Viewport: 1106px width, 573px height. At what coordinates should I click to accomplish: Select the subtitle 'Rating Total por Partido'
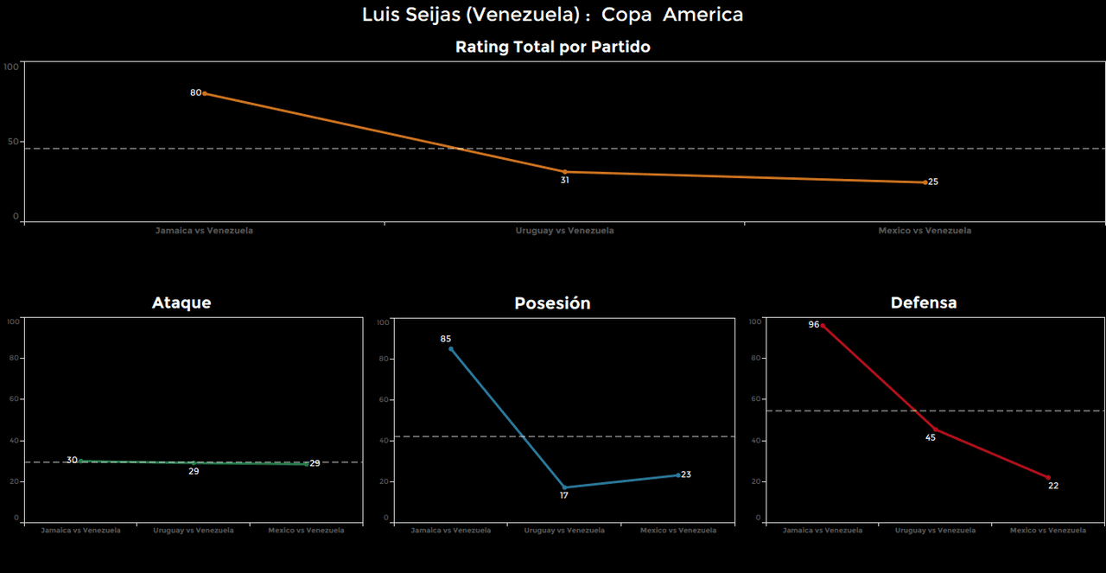(x=553, y=48)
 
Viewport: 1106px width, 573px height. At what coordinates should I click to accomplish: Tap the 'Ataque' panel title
(x=181, y=302)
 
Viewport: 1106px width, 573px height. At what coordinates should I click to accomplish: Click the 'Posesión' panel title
(x=552, y=303)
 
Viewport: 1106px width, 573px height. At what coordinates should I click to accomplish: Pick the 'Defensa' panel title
(x=924, y=302)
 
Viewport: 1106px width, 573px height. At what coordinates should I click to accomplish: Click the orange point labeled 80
(x=204, y=93)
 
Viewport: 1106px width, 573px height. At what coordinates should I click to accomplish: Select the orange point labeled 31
(x=565, y=172)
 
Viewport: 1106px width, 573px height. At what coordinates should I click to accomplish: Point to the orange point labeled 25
(x=925, y=182)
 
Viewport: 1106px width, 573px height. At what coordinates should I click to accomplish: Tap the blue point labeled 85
(x=451, y=349)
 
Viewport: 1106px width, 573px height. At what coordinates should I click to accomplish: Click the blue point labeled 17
(x=565, y=487)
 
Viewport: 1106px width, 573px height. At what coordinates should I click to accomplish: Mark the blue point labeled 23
(x=678, y=474)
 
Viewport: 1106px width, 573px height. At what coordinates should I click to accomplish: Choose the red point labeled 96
(x=823, y=326)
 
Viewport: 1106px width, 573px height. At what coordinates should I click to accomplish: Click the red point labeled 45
(x=936, y=430)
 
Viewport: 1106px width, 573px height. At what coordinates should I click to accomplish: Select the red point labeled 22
(x=1048, y=477)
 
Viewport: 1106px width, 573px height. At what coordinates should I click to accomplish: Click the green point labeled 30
(x=80, y=462)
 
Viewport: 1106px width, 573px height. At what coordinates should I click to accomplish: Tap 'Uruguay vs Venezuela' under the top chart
(x=565, y=231)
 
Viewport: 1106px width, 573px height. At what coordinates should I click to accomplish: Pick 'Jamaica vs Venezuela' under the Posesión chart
(x=451, y=530)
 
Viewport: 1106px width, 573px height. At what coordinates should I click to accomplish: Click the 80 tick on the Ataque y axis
(x=14, y=358)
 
